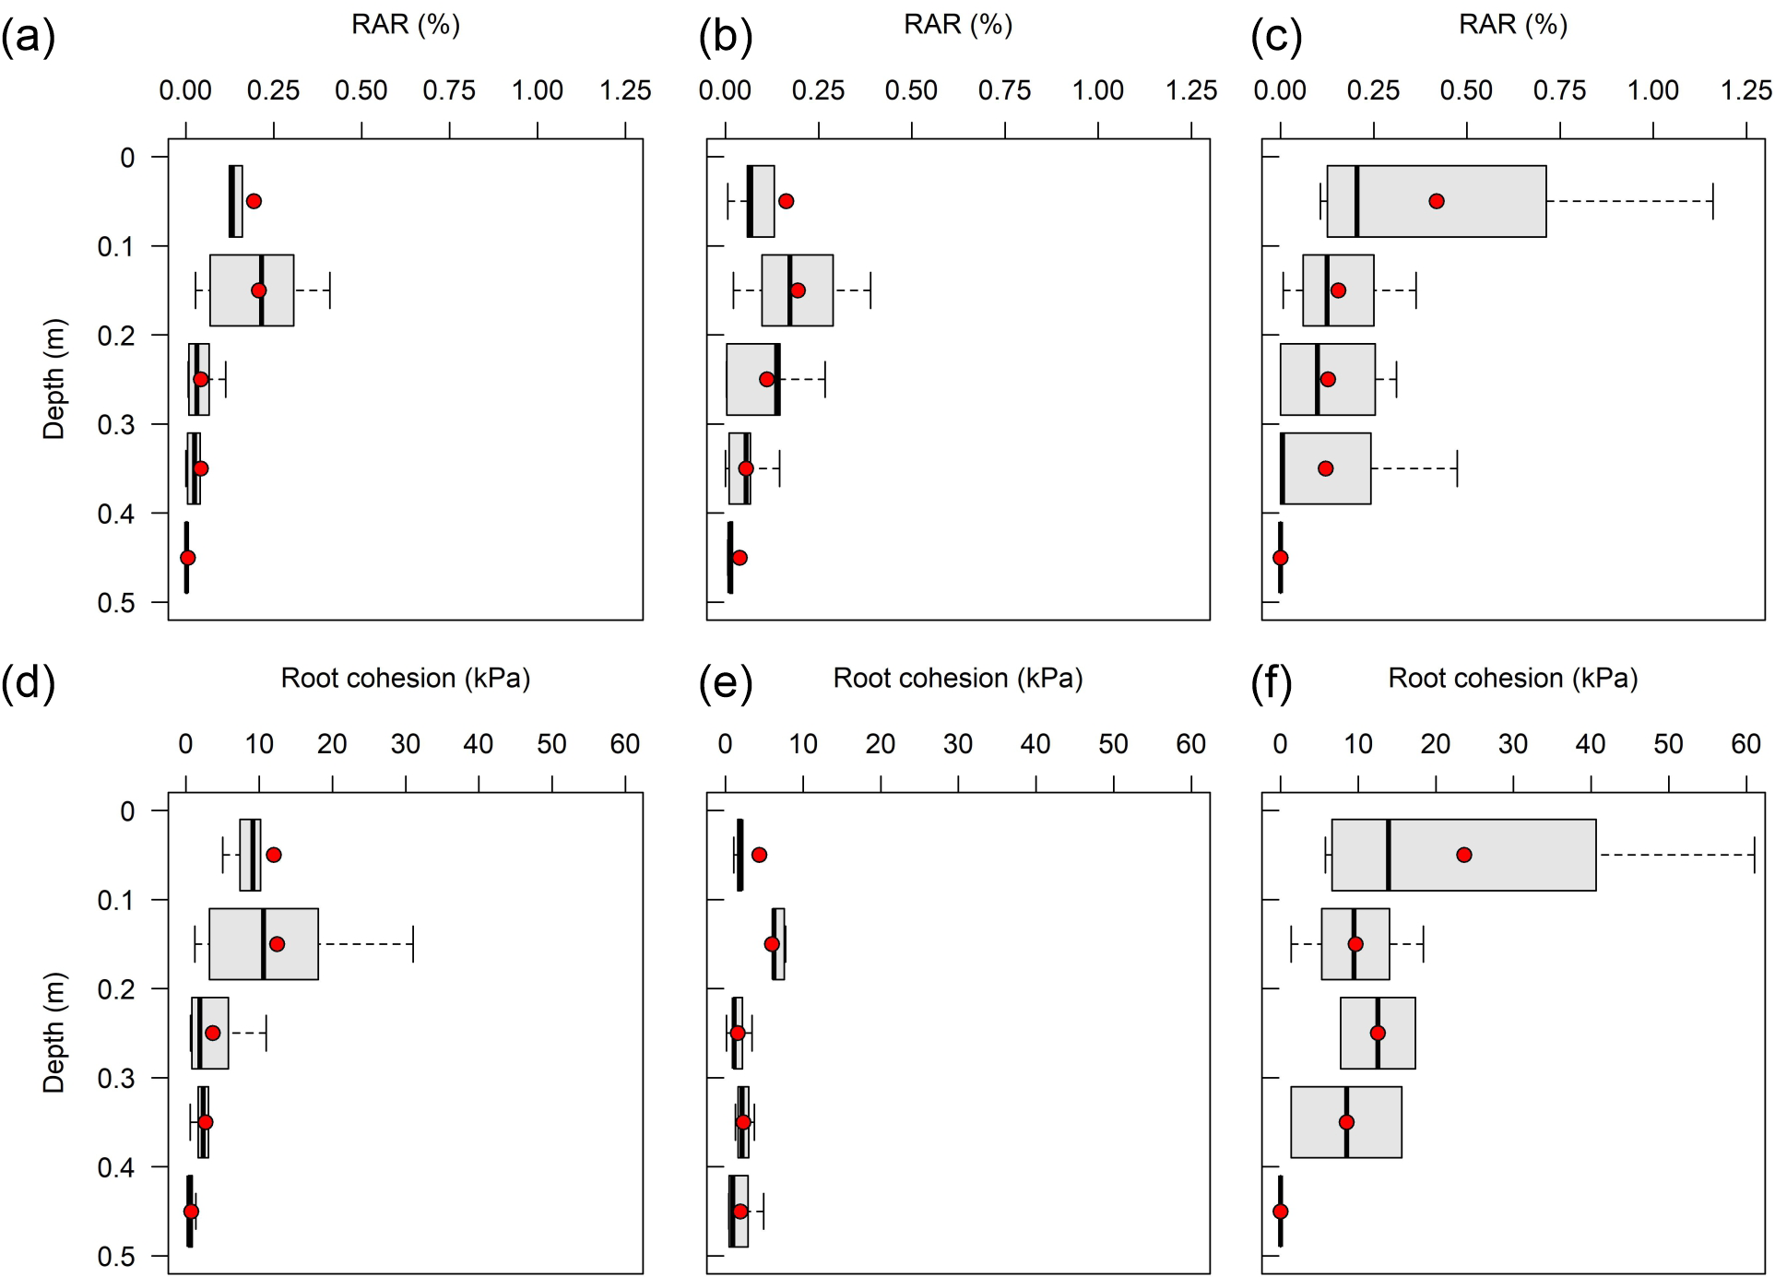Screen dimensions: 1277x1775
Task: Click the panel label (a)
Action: coord(29,38)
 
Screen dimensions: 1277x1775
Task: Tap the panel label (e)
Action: coord(726,683)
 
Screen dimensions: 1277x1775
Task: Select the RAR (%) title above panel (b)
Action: coord(958,24)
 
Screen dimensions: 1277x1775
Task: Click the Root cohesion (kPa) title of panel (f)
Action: coord(1513,679)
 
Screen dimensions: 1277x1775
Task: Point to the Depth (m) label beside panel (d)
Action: coord(53,1033)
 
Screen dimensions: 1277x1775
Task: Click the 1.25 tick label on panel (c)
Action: coord(1746,90)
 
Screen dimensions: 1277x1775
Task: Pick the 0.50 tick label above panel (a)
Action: coord(361,90)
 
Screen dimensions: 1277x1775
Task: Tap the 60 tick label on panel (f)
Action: coord(1746,744)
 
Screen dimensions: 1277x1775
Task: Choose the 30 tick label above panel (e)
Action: coord(958,744)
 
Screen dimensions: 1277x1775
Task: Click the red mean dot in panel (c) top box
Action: coord(1436,201)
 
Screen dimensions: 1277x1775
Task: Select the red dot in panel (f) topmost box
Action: coord(1464,855)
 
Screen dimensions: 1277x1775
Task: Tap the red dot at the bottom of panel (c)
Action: coord(1280,558)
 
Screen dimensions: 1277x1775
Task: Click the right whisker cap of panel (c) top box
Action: coord(1712,201)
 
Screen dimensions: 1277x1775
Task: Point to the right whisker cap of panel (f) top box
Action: coord(1753,855)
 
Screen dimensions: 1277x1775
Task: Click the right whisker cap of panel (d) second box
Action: coord(413,944)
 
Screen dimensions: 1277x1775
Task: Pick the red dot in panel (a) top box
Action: coord(254,201)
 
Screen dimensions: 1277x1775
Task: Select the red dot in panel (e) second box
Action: coord(772,944)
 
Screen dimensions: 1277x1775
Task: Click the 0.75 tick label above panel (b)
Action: coord(1004,90)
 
